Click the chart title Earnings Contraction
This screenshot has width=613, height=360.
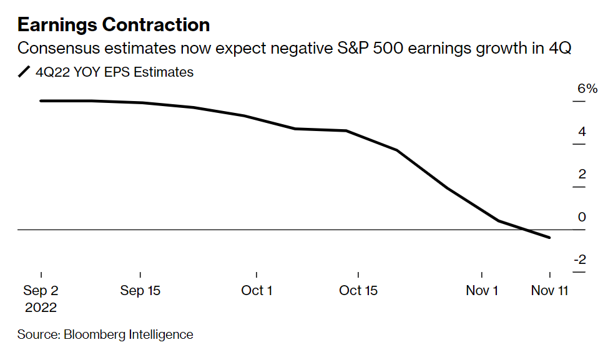pyautogui.click(x=113, y=24)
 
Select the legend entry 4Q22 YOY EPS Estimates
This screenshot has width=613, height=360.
pyautogui.click(x=114, y=72)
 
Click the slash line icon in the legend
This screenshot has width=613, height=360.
pyautogui.click(x=24, y=72)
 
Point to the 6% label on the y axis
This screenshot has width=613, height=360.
pyautogui.click(x=587, y=89)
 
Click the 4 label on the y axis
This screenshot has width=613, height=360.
pyautogui.click(x=582, y=132)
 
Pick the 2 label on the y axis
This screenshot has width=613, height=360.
pyautogui.click(x=582, y=174)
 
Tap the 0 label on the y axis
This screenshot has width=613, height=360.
pyautogui.click(x=582, y=217)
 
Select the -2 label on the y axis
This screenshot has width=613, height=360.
pyautogui.click(x=579, y=260)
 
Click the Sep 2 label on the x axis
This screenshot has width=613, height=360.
pyautogui.click(x=41, y=291)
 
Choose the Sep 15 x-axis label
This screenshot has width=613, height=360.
pyautogui.click(x=140, y=291)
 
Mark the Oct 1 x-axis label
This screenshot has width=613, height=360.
pyautogui.click(x=257, y=291)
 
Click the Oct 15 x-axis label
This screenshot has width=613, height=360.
pyautogui.click(x=358, y=291)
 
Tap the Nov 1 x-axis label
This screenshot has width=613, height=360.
pyautogui.click(x=482, y=291)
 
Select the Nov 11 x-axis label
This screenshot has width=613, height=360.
pyautogui.click(x=549, y=291)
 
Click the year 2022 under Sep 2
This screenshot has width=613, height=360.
pyautogui.click(x=41, y=308)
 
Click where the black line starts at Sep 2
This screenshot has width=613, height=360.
pyautogui.click(x=41, y=100)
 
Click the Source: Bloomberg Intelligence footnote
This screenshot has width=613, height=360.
pyautogui.click(x=105, y=334)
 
